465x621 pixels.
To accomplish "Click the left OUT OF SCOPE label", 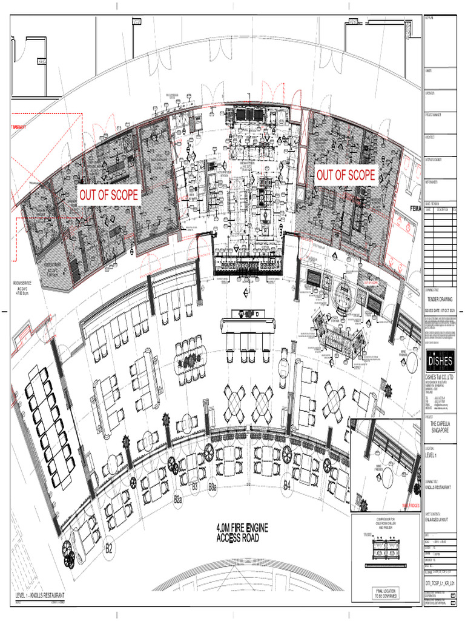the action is (x=109, y=195).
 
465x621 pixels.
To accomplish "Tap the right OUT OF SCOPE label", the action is (x=346, y=176).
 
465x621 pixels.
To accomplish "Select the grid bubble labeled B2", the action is (x=109, y=549).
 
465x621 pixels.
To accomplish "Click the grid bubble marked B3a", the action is (x=213, y=487).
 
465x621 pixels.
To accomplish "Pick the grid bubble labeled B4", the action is (x=287, y=486).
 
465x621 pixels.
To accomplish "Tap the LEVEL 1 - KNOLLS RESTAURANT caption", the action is (x=40, y=596).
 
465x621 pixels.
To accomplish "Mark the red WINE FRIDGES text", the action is (x=410, y=505).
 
